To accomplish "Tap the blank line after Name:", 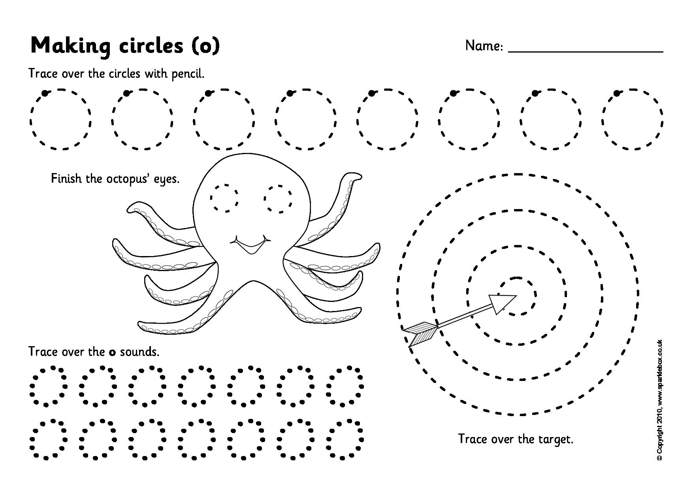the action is (x=585, y=51).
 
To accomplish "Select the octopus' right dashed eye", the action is (x=279, y=197).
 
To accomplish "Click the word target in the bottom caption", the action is (x=556, y=439).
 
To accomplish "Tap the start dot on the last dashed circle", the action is (x=616, y=93).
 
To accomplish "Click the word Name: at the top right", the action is (x=484, y=46).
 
